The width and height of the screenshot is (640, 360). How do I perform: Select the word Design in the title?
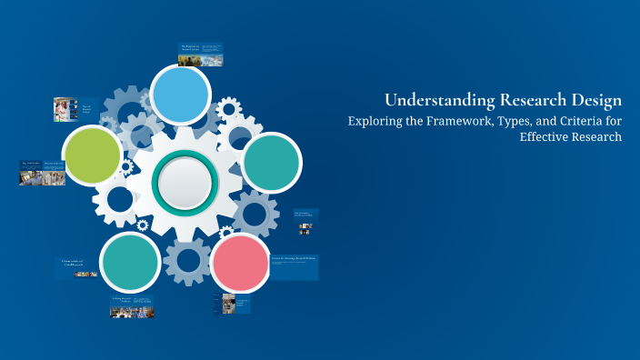coord(592,100)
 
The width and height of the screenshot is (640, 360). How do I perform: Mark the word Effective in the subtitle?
coord(545,137)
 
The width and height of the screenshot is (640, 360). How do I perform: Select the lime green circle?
coord(92,155)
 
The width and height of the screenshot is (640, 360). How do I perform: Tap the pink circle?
coord(240,263)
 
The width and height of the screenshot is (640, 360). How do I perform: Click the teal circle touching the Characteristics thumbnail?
coord(130,262)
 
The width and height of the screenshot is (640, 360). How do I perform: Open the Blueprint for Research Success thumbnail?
coord(201,55)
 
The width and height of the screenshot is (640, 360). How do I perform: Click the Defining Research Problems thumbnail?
coord(132,306)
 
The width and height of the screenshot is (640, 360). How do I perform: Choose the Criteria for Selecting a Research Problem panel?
coord(294,265)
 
